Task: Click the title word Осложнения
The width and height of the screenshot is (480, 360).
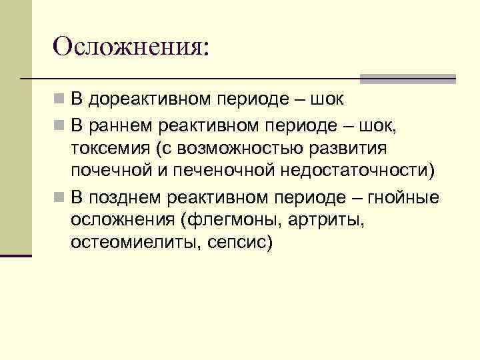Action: [131, 47]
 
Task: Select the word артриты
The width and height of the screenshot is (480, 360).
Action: [333, 221]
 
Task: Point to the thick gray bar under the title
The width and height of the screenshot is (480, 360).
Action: [408, 79]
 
